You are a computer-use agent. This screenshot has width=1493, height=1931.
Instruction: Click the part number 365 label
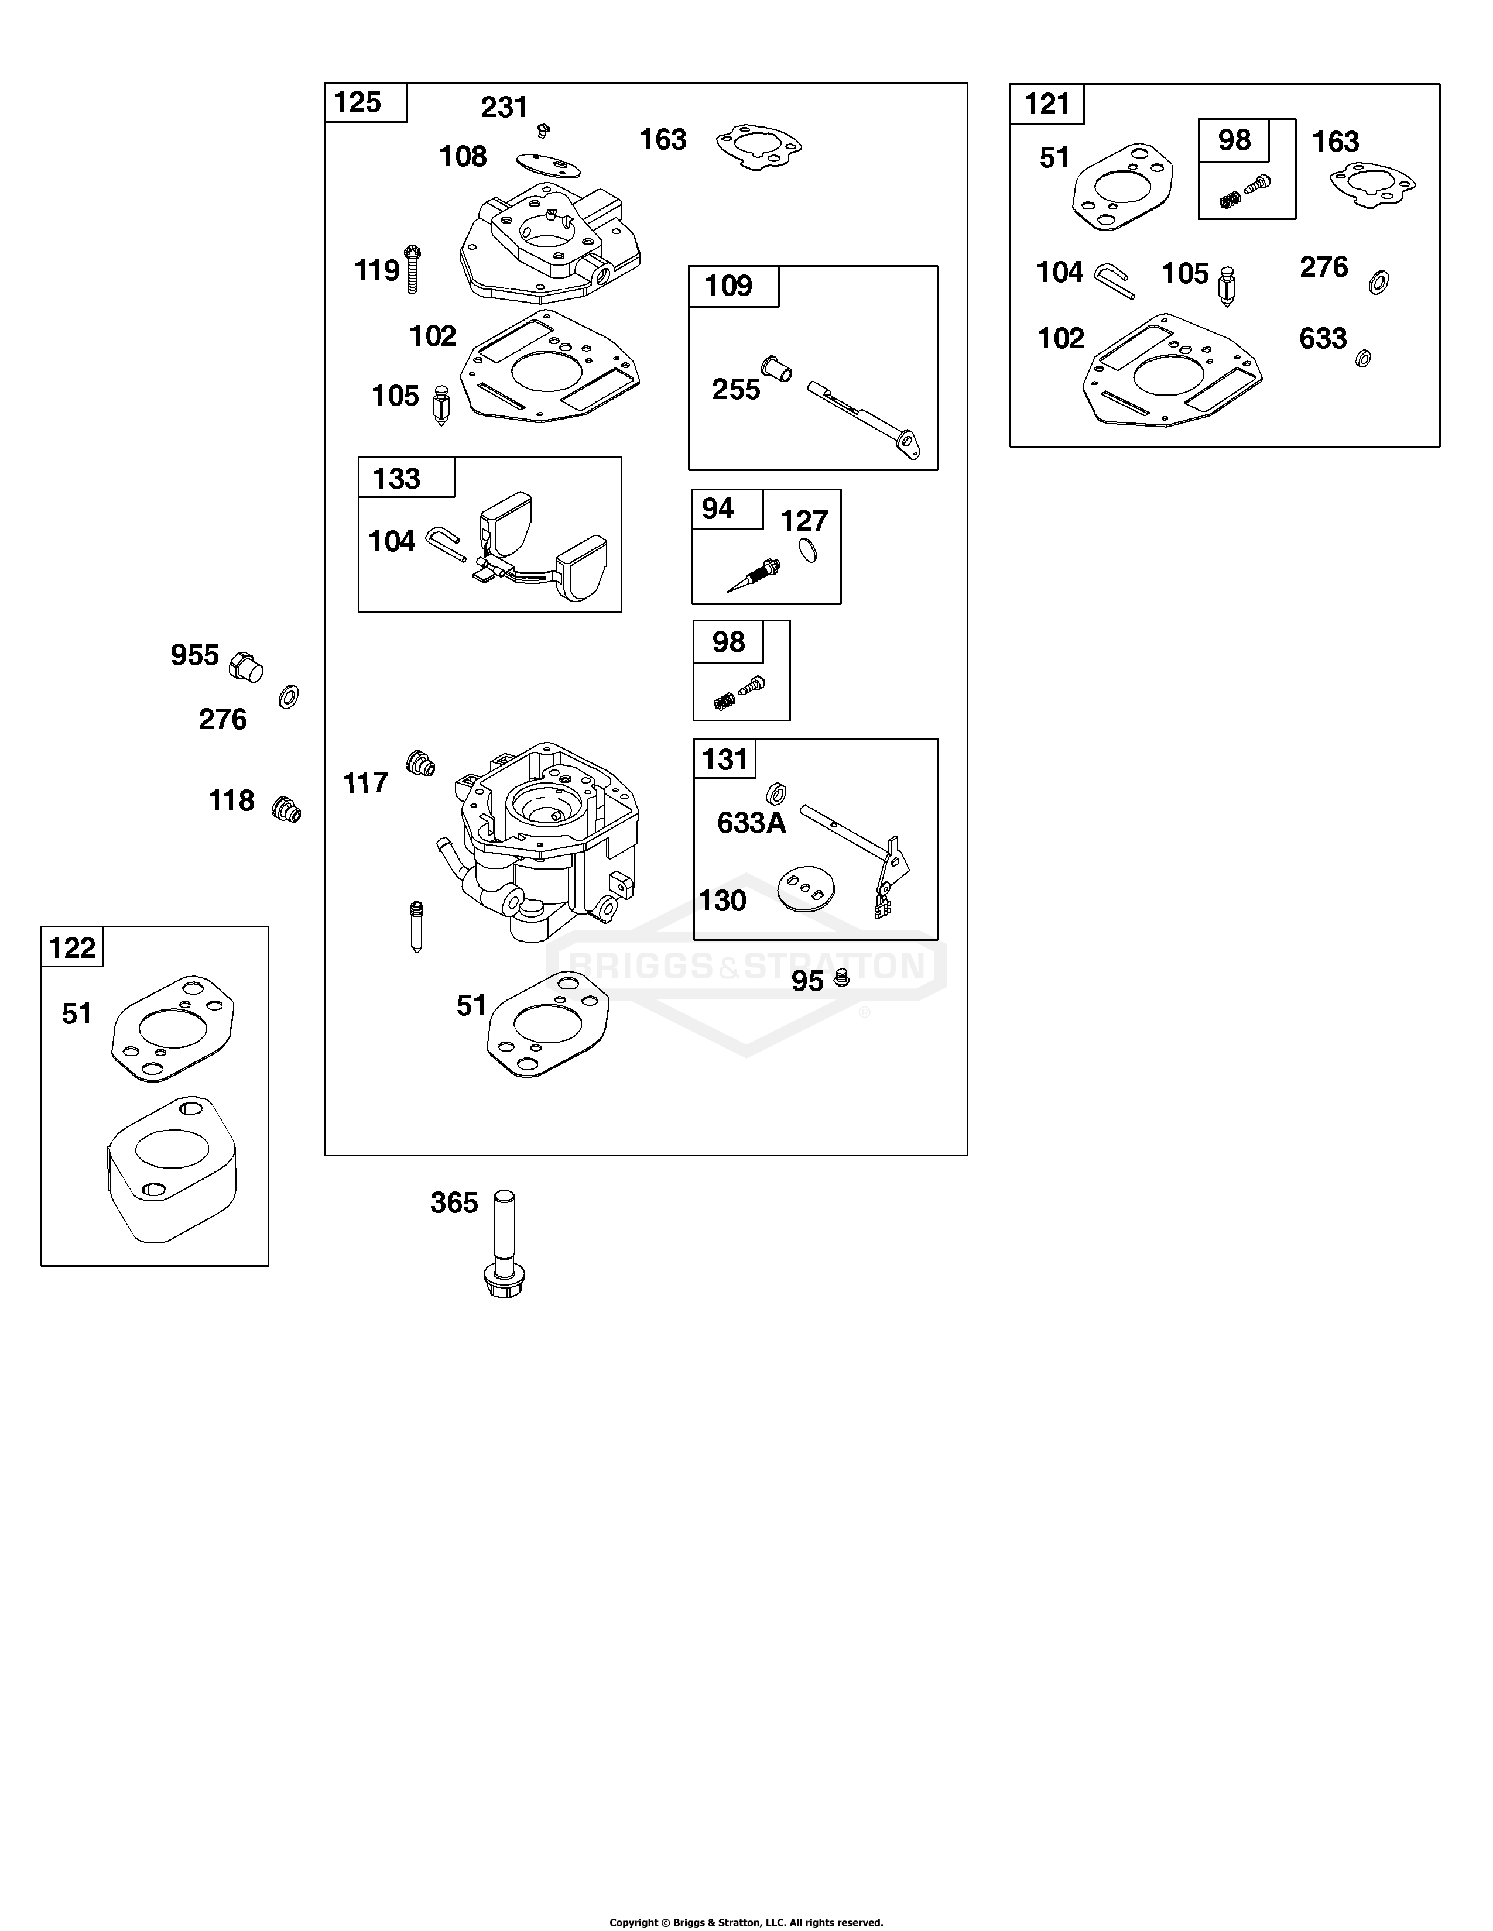pyautogui.click(x=454, y=1202)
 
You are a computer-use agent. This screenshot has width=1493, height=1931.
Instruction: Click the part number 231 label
pyautogui.click(x=504, y=107)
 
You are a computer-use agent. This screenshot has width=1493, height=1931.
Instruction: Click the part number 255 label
pyautogui.click(x=736, y=389)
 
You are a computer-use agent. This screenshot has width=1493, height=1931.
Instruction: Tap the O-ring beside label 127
pyautogui.click(x=807, y=550)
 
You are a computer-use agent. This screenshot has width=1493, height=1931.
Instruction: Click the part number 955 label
pyautogui.click(x=194, y=655)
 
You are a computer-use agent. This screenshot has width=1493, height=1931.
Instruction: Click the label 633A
pyautogui.click(x=751, y=823)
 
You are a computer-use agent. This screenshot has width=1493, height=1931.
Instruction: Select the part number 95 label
pyautogui.click(x=807, y=981)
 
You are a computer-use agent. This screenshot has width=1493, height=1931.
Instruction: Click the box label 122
pyautogui.click(x=71, y=948)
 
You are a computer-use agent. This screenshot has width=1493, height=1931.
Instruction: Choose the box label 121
pyautogui.click(x=1047, y=104)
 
